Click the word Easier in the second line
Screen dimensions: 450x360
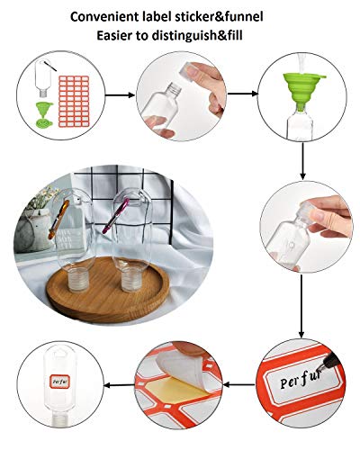[x=104, y=36]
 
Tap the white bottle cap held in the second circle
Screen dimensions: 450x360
[x=194, y=76]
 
